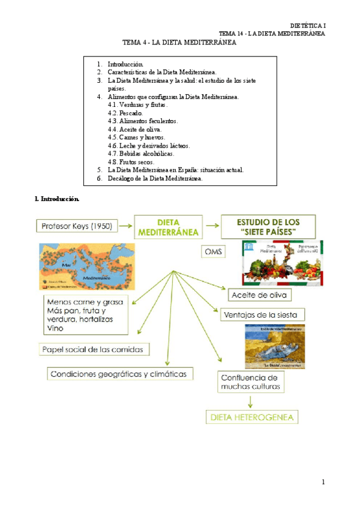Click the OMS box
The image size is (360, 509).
[x=214, y=252]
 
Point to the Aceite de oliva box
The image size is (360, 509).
[x=260, y=295]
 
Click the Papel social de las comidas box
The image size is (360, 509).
[x=94, y=349]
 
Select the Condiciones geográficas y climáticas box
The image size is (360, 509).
[x=121, y=373]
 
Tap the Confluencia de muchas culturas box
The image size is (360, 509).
[x=250, y=382]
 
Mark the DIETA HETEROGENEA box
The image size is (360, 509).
[x=252, y=416]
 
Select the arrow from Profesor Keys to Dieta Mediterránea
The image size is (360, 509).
[x=126, y=226]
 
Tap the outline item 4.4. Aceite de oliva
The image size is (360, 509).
[x=135, y=129]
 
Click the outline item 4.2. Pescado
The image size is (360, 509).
[x=125, y=113]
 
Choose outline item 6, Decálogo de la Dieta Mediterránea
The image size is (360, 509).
[x=155, y=178]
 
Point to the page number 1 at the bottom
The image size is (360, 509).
[x=323, y=482]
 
